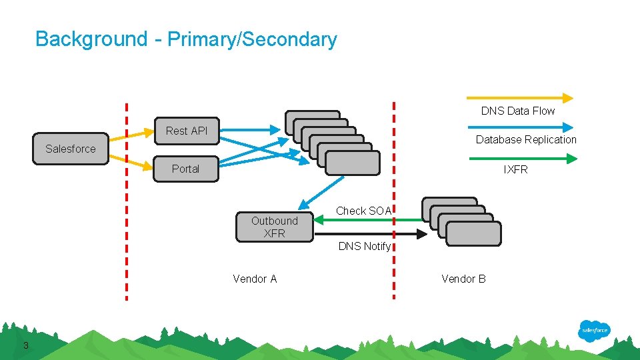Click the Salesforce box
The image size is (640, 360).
coord(70,149)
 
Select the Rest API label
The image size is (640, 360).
coord(187,131)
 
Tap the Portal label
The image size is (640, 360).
coord(185,169)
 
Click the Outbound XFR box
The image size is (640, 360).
coord(274,227)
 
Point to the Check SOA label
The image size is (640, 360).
coord(363,211)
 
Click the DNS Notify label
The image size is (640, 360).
coord(364,246)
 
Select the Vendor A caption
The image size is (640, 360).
coord(255,279)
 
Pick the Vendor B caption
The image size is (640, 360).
coord(463,279)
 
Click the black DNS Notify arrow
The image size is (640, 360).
coord(370,233)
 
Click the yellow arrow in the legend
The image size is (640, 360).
coord(521,97)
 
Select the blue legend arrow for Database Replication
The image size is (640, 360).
coord(521,127)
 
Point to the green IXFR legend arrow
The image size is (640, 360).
coord(523,159)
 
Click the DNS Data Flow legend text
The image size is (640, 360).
coord(518,111)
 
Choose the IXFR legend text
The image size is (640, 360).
coord(515,169)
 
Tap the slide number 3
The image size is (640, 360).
coord(25,345)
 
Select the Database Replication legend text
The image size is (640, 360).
coord(526,139)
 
